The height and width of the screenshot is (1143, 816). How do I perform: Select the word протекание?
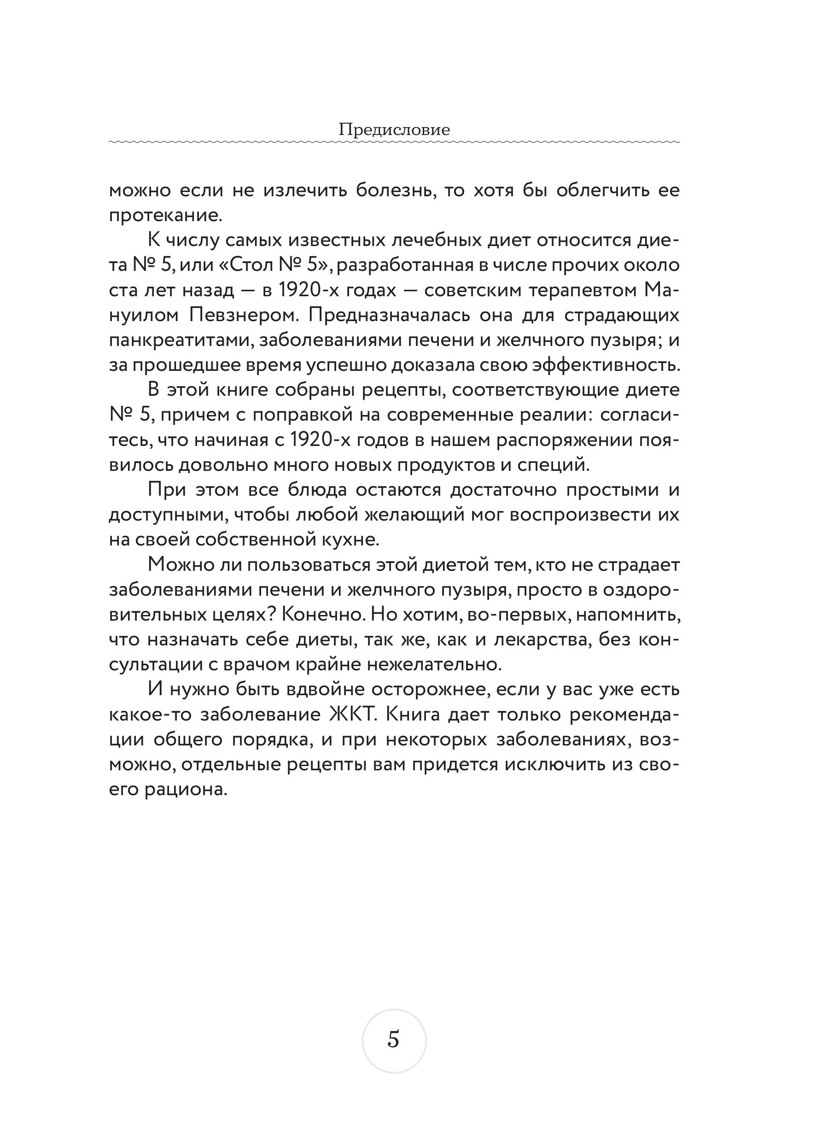(x=165, y=216)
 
